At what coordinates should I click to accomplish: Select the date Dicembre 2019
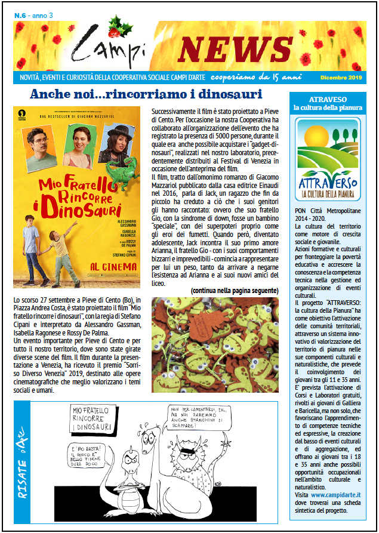339,78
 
